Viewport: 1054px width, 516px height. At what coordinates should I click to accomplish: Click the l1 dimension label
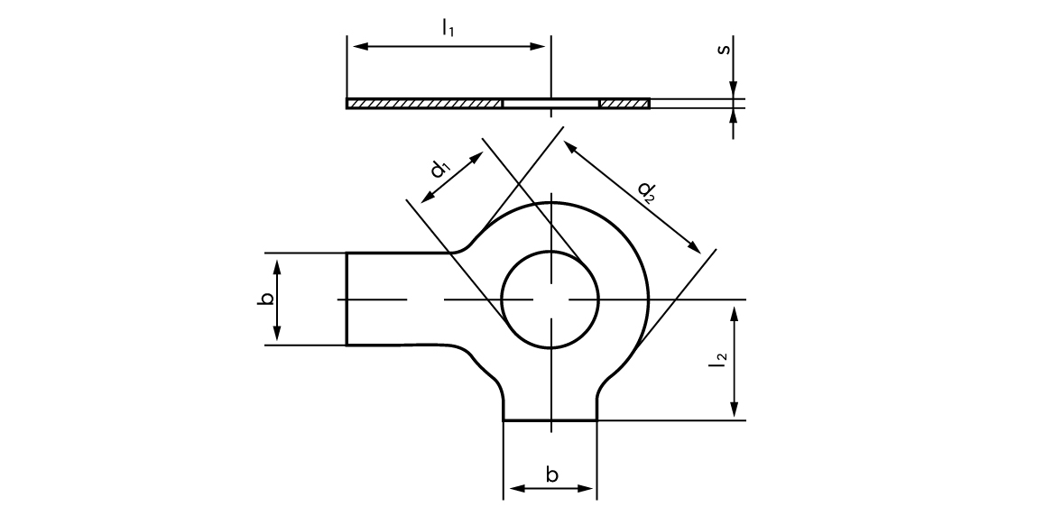click(448, 28)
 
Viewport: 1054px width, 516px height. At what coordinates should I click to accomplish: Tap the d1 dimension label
click(440, 168)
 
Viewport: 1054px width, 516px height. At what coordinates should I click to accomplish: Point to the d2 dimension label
click(646, 191)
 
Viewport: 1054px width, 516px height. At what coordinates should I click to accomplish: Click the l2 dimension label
click(718, 363)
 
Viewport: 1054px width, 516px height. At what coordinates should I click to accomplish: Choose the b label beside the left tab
click(265, 299)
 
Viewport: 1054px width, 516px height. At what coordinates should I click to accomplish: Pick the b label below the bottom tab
click(551, 475)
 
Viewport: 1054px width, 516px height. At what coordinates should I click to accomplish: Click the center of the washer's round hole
click(550, 299)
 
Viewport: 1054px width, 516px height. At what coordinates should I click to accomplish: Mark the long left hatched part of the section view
click(424, 104)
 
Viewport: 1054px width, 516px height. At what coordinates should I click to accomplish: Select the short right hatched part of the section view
click(624, 104)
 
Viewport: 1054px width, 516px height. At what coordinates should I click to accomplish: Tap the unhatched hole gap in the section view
click(550, 104)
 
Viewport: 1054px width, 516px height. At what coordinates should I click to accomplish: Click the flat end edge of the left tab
click(347, 299)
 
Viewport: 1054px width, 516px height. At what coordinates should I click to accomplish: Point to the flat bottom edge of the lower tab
click(550, 419)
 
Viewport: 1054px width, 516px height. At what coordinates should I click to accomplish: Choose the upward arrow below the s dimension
click(734, 116)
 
